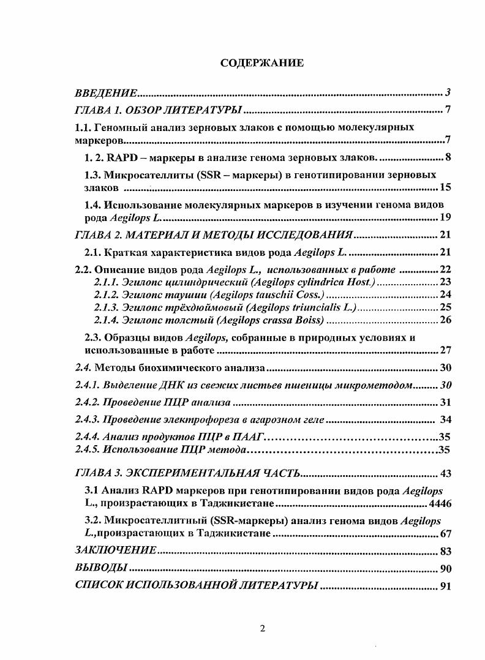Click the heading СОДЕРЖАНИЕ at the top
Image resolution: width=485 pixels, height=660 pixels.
(x=261, y=63)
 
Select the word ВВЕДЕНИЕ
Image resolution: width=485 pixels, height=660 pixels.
(x=105, y=93)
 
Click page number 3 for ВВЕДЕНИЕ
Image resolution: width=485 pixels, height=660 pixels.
(x=448, y=93)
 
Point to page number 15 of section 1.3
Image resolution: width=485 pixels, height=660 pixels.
(x=445, y=187)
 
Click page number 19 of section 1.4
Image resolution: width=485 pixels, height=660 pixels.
(x=445, y=217)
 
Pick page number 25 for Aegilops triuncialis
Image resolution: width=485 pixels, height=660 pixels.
(x=445, y=307)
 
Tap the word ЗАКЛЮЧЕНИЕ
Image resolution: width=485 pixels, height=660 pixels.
(x=115, y=550)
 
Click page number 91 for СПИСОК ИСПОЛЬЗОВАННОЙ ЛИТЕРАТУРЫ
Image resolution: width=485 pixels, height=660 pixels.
(x=445, y=585)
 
